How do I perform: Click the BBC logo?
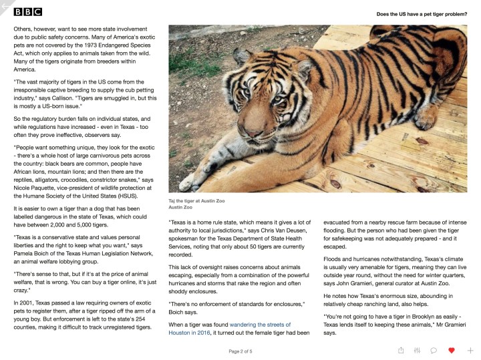tap(27, 11)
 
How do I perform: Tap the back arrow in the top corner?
tap(5, 5)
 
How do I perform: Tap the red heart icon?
tap(452, 350)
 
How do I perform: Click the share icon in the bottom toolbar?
tap(401, 350)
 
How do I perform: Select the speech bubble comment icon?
tap(434, 350)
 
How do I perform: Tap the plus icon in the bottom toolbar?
tap(470, 350)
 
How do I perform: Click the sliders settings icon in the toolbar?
tap(417, 350)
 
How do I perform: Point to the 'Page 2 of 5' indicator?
tap(240, 351)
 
